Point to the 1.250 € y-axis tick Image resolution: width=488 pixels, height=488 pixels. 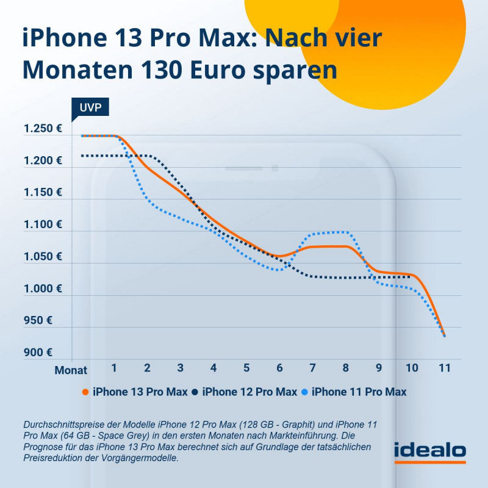tap(42, 129)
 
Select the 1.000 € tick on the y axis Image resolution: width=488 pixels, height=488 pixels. tap(42, 289)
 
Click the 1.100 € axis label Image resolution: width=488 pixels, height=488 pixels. tap(42, 224)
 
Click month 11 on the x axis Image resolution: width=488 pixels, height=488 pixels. tap(445, 368)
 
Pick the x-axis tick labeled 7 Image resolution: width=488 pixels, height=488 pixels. tap(312, 368)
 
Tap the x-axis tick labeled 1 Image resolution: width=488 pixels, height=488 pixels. tap(114, 368)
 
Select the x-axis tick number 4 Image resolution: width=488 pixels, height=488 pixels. tap(213, 368)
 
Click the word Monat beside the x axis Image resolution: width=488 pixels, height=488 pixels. tap(71, 370)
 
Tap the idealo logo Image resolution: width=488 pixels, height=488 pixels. tap(430, 451)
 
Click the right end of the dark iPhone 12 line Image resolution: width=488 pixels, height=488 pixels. tap(411, 277)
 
